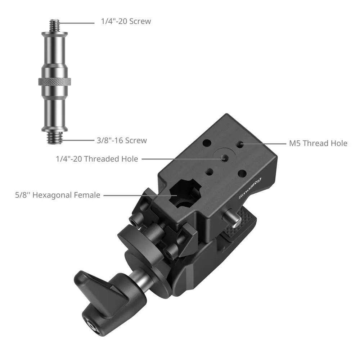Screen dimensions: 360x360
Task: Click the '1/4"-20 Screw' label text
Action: [126, 21]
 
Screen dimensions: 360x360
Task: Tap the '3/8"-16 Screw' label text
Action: [122, 140]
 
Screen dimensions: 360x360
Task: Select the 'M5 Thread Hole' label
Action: [318, 143]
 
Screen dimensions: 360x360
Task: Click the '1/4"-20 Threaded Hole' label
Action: [97, 159]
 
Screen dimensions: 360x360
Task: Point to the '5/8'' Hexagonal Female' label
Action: [58, 195]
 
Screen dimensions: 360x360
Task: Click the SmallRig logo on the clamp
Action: [250, 188]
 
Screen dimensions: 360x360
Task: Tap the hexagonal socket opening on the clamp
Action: [185, 195]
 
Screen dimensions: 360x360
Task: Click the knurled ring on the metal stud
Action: [54, 81]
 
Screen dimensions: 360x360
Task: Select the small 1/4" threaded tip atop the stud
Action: [54, 26]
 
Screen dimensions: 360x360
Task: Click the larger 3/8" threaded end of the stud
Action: [55, 138]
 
